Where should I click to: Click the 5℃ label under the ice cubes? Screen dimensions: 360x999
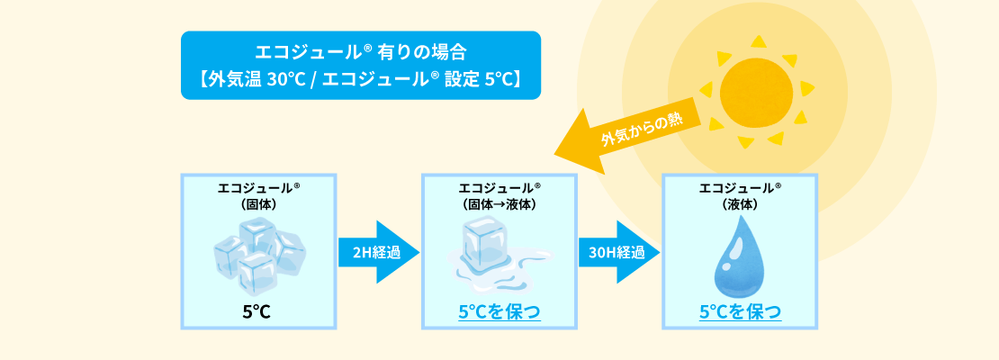pyautogui.click(x=257, y=313)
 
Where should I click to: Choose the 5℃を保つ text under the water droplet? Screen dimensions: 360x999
pyautogui.click(x=740, y=313)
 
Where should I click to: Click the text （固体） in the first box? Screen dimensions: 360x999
pyautogui.click(x=258, y=204)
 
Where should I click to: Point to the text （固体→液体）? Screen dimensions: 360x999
pyautogui.click(x=499, y=204)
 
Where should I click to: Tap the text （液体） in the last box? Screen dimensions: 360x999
pyautogui.click(x=740, y=204)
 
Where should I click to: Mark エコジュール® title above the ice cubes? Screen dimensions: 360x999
pyautogui.click(x=258, y=189)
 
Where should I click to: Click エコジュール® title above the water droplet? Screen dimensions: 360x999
pyautogui.click(x=740, y=189)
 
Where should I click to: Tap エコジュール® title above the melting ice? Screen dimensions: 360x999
pyautogui.click(x=499, y=189)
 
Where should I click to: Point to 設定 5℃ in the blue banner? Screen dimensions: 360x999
pyautogui.click(x=482, y=78)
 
